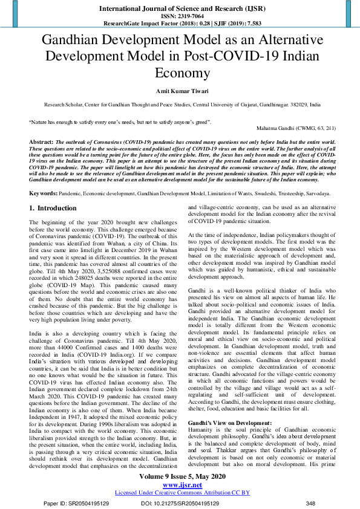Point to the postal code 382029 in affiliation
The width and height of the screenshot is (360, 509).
(298, 105)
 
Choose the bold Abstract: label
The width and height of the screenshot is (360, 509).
(41, 140)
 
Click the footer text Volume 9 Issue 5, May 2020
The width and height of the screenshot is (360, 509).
(180, 477)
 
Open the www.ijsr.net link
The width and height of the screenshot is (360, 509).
(180, 485)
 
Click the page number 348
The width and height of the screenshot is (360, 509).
(310, 502)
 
